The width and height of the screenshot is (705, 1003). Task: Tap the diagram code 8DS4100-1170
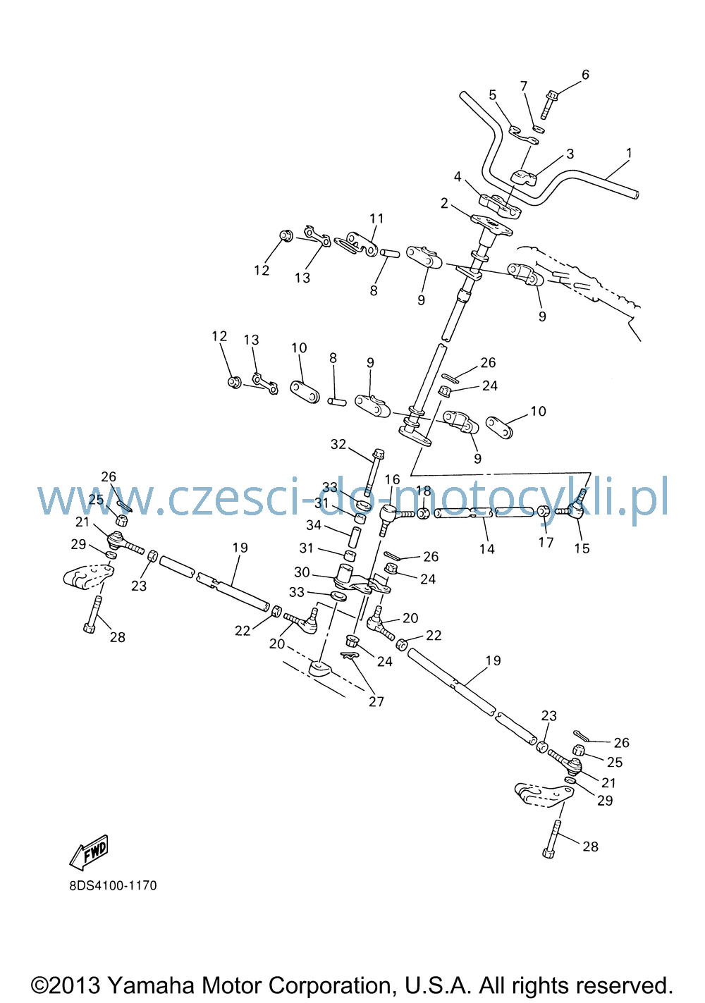click(x=113, y=886)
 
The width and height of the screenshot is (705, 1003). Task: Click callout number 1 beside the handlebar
click(x=629, y=153)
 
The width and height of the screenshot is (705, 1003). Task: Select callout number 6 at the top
click(x=585, y=74)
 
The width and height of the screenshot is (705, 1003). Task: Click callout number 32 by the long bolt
click(x=338, y=444)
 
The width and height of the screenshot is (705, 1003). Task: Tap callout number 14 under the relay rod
click(x=487, y=548)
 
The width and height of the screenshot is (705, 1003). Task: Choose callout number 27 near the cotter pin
click(x=376, y=701)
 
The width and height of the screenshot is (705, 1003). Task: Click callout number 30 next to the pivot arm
click(x=302, y=572)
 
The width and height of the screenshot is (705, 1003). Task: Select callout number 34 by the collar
click(x=314, y=524)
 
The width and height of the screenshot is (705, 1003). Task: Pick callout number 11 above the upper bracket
click(x=376, y=218)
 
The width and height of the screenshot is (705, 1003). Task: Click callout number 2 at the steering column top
click(x=444, y=203)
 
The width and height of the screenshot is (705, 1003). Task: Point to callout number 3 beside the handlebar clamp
click(x=570, y=154)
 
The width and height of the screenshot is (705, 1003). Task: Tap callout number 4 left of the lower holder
click(x=458, y=177)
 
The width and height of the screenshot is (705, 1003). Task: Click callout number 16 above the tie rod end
click(x=392, y=479)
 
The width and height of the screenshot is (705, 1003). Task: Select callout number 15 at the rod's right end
click(x=582, y=548)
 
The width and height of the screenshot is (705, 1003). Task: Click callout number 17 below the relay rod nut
click(x=546, y=542)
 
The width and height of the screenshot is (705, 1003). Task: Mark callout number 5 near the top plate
click(x=493, y=95)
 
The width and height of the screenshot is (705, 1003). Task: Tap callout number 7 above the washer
click(x=524, y=85)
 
